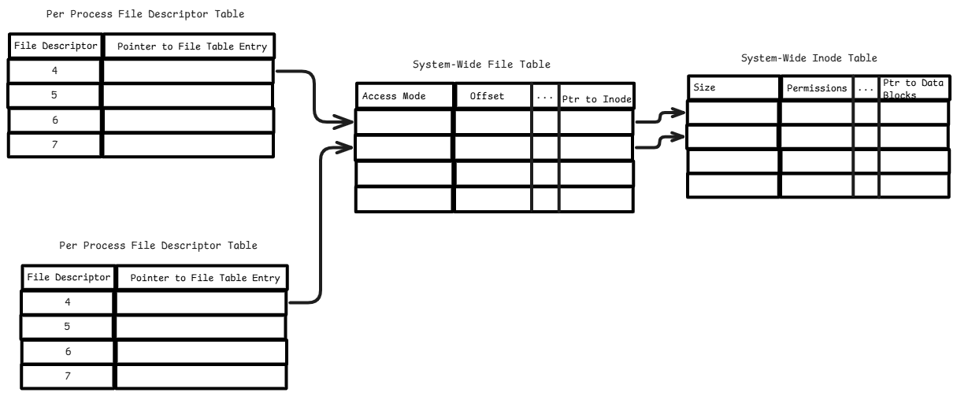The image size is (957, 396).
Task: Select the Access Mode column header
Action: [394, 97]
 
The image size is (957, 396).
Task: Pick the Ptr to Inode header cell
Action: [596, 98]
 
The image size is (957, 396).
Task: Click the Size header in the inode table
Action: [704, 88]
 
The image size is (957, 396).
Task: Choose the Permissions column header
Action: [818, 89]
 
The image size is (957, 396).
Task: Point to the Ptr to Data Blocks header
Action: [913, 88]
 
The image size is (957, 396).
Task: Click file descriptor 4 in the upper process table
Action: [55, 71]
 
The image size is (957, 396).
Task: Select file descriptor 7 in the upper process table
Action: [55, 145]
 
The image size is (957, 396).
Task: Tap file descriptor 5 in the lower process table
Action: [68, 326]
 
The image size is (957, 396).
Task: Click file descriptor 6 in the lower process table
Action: [68, 351]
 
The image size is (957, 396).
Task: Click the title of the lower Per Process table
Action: [158, 246]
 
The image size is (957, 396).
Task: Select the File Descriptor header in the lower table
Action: [67, 278]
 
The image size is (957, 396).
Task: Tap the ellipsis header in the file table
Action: [545, 96]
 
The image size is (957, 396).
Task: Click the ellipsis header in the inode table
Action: [866, 89]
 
